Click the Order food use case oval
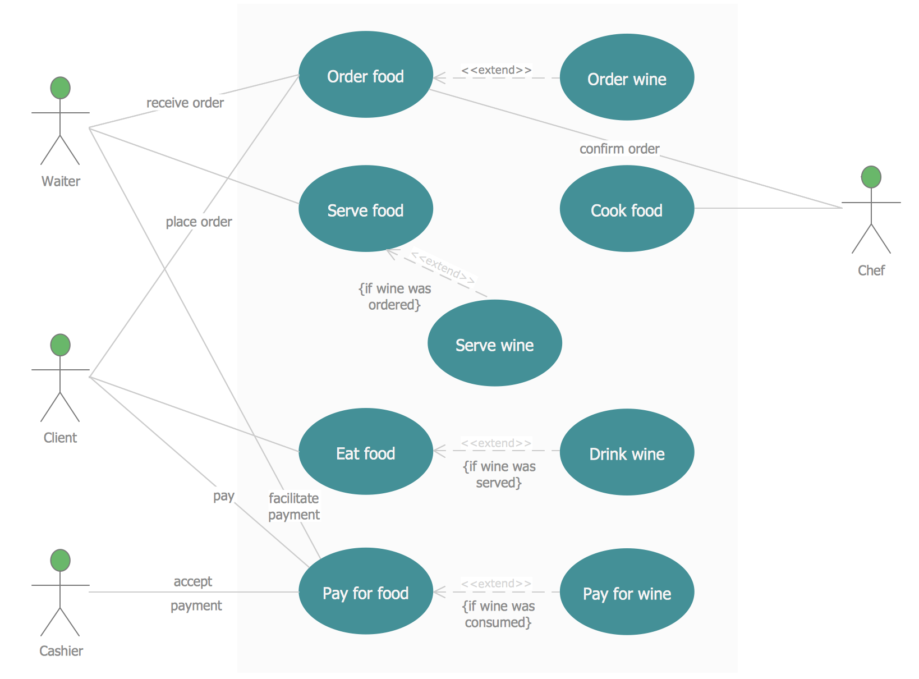[365, 75]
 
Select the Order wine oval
[627, 77]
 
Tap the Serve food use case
[365, 209]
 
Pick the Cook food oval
[627, 209]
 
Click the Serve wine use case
[494, 343]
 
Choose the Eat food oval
[365, 452]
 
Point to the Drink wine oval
[627, 452]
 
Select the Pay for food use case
[365, 591]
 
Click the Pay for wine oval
[627, 592]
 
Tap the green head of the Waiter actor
[61, 88]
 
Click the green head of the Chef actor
[871, 177]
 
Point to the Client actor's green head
[61, 345]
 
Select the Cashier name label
[61, 651]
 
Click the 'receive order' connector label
[185, 103]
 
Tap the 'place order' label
[199, 222]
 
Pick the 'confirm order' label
[619, 149]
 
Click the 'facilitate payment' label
[294, 506]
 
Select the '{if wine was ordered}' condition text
[394, 296]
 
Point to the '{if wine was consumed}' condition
[498, 614]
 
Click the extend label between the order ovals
[497, 70]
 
